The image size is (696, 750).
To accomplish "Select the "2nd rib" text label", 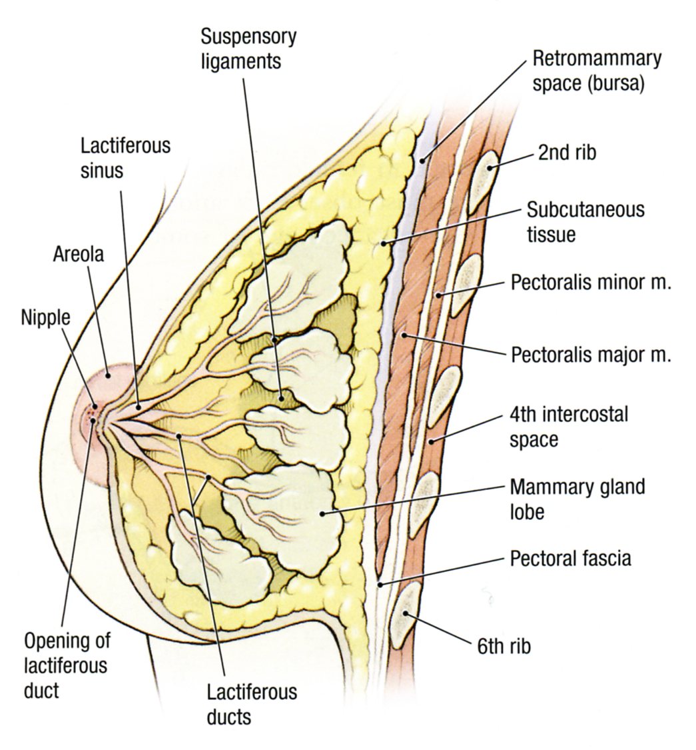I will point(567,153).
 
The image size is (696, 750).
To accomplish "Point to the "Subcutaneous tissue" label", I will point(585,222).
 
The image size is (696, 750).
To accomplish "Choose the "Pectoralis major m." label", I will point(591,354).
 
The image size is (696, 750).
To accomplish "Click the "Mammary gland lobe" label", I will point(577,499).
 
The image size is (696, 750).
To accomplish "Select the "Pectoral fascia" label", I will point(570,557).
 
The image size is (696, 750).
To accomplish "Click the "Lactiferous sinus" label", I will point(125,157).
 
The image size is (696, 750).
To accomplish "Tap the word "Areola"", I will point(79,254).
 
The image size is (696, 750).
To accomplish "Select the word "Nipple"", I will point(45,318).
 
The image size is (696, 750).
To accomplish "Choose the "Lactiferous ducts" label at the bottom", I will point(251,704).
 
